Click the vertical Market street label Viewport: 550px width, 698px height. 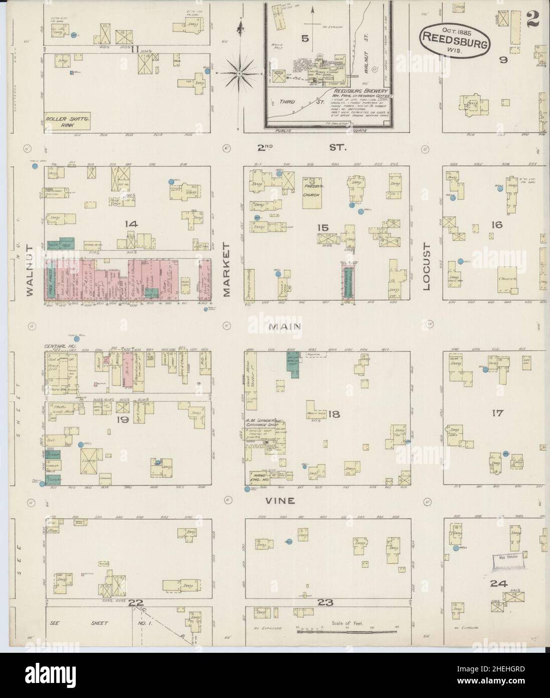[226, 270]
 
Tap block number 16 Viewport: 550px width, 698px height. [497, 225]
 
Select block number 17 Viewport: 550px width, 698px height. [497, 414]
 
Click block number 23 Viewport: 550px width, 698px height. [329, 603]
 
